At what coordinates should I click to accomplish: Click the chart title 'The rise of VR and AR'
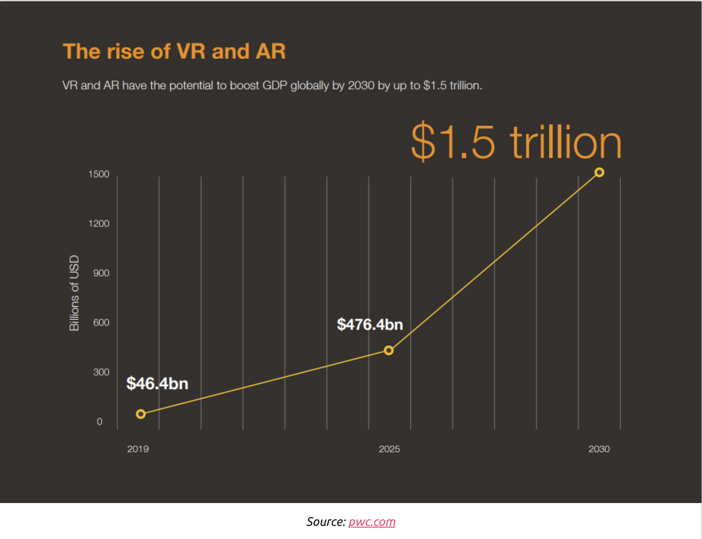[x=174, y=51]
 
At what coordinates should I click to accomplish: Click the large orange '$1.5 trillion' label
[x=516, y=142]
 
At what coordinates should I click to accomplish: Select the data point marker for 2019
[x=141, y=414]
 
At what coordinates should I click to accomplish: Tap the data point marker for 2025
[x=388, y=350]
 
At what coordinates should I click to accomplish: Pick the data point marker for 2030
[x=599, y=172]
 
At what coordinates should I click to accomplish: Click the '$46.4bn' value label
[x=157, y=384]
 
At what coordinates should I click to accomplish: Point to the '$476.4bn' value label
[x=370, y=324]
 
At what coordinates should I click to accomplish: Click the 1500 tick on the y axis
[x=99, y=174]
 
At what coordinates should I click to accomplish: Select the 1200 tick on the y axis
[x=99, y=224]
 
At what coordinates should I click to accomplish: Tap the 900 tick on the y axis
[x=101, y=273]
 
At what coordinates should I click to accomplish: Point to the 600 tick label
[x=101, y=323]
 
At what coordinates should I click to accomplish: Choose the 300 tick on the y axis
[x=101, y=372]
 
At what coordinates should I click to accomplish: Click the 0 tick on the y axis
[x=99, y=422]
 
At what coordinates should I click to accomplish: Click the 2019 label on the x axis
[x=138, y=449]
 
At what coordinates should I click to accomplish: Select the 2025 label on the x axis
[x=389, y=449]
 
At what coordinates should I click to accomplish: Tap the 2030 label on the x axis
[x=599, y=449]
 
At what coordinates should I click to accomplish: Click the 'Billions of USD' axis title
[x=74, y=293]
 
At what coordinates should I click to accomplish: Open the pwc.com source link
[x=372, y=522]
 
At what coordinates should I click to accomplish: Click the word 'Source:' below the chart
[x=326, y=522]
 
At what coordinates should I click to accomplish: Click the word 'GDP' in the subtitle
[x=275, y=86]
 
